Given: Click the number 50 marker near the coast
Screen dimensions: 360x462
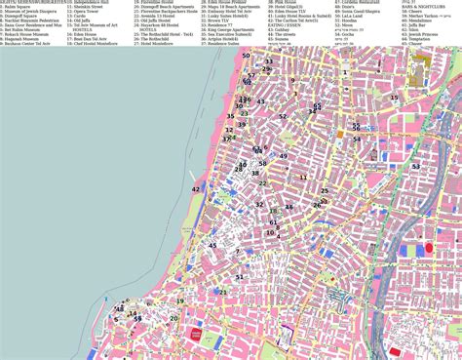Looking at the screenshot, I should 246,56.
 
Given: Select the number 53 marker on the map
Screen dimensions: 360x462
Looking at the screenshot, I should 268,61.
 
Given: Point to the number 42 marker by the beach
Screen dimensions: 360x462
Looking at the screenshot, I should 196,188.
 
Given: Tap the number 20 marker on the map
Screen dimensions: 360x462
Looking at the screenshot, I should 174,318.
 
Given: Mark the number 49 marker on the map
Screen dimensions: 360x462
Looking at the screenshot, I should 285,156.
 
